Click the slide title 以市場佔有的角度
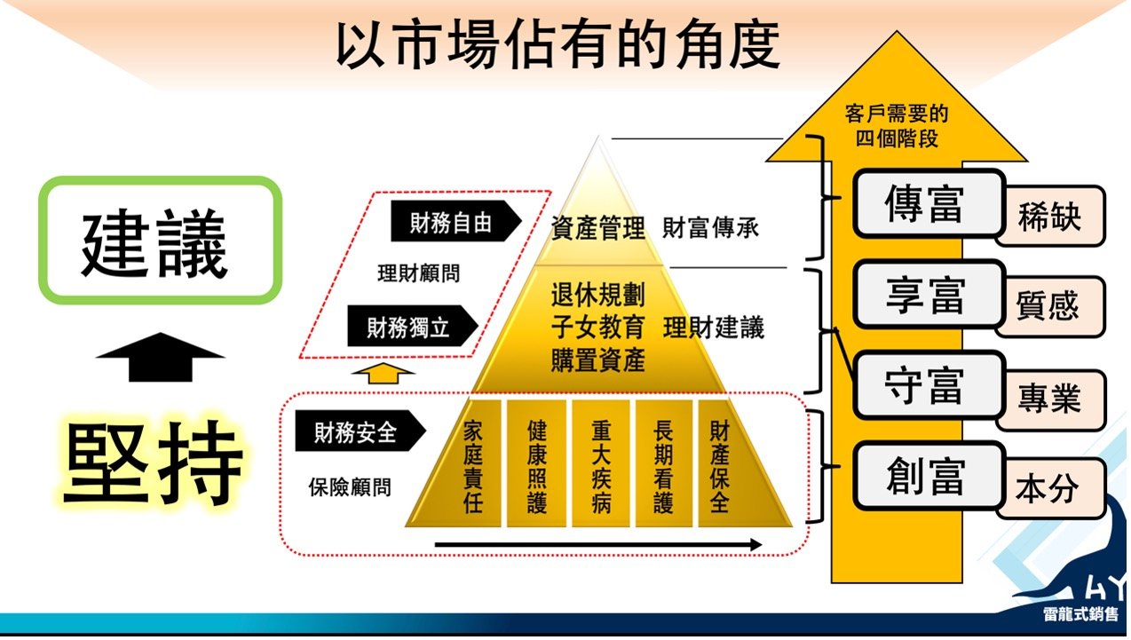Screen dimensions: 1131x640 (x=558, y=45)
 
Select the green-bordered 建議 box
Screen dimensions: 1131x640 (x=160, y=241)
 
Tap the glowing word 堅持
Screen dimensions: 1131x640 (x=152, y=462)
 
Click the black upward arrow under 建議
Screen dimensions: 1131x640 (x=160, y=357)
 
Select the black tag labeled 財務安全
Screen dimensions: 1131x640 (x=360, y=431)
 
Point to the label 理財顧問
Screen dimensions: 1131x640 (x=418, y=273)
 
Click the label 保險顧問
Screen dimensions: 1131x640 (x=350, y=487)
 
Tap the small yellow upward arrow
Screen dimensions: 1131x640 (x=383, y=374)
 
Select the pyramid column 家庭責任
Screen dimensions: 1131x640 (x=472, y=464)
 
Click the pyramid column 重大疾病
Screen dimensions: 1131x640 (x=601, y=464)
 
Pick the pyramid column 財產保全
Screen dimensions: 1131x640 (x=719, y=464)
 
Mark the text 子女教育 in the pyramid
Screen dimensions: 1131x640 (x=597, y=327)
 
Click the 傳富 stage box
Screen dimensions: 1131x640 (x=928, y=203)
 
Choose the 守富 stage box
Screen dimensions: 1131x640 (x=928, y=384)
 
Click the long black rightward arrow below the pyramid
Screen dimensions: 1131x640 (x=598, y=545)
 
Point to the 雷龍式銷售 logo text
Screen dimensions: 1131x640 (x=1080, y=614)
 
